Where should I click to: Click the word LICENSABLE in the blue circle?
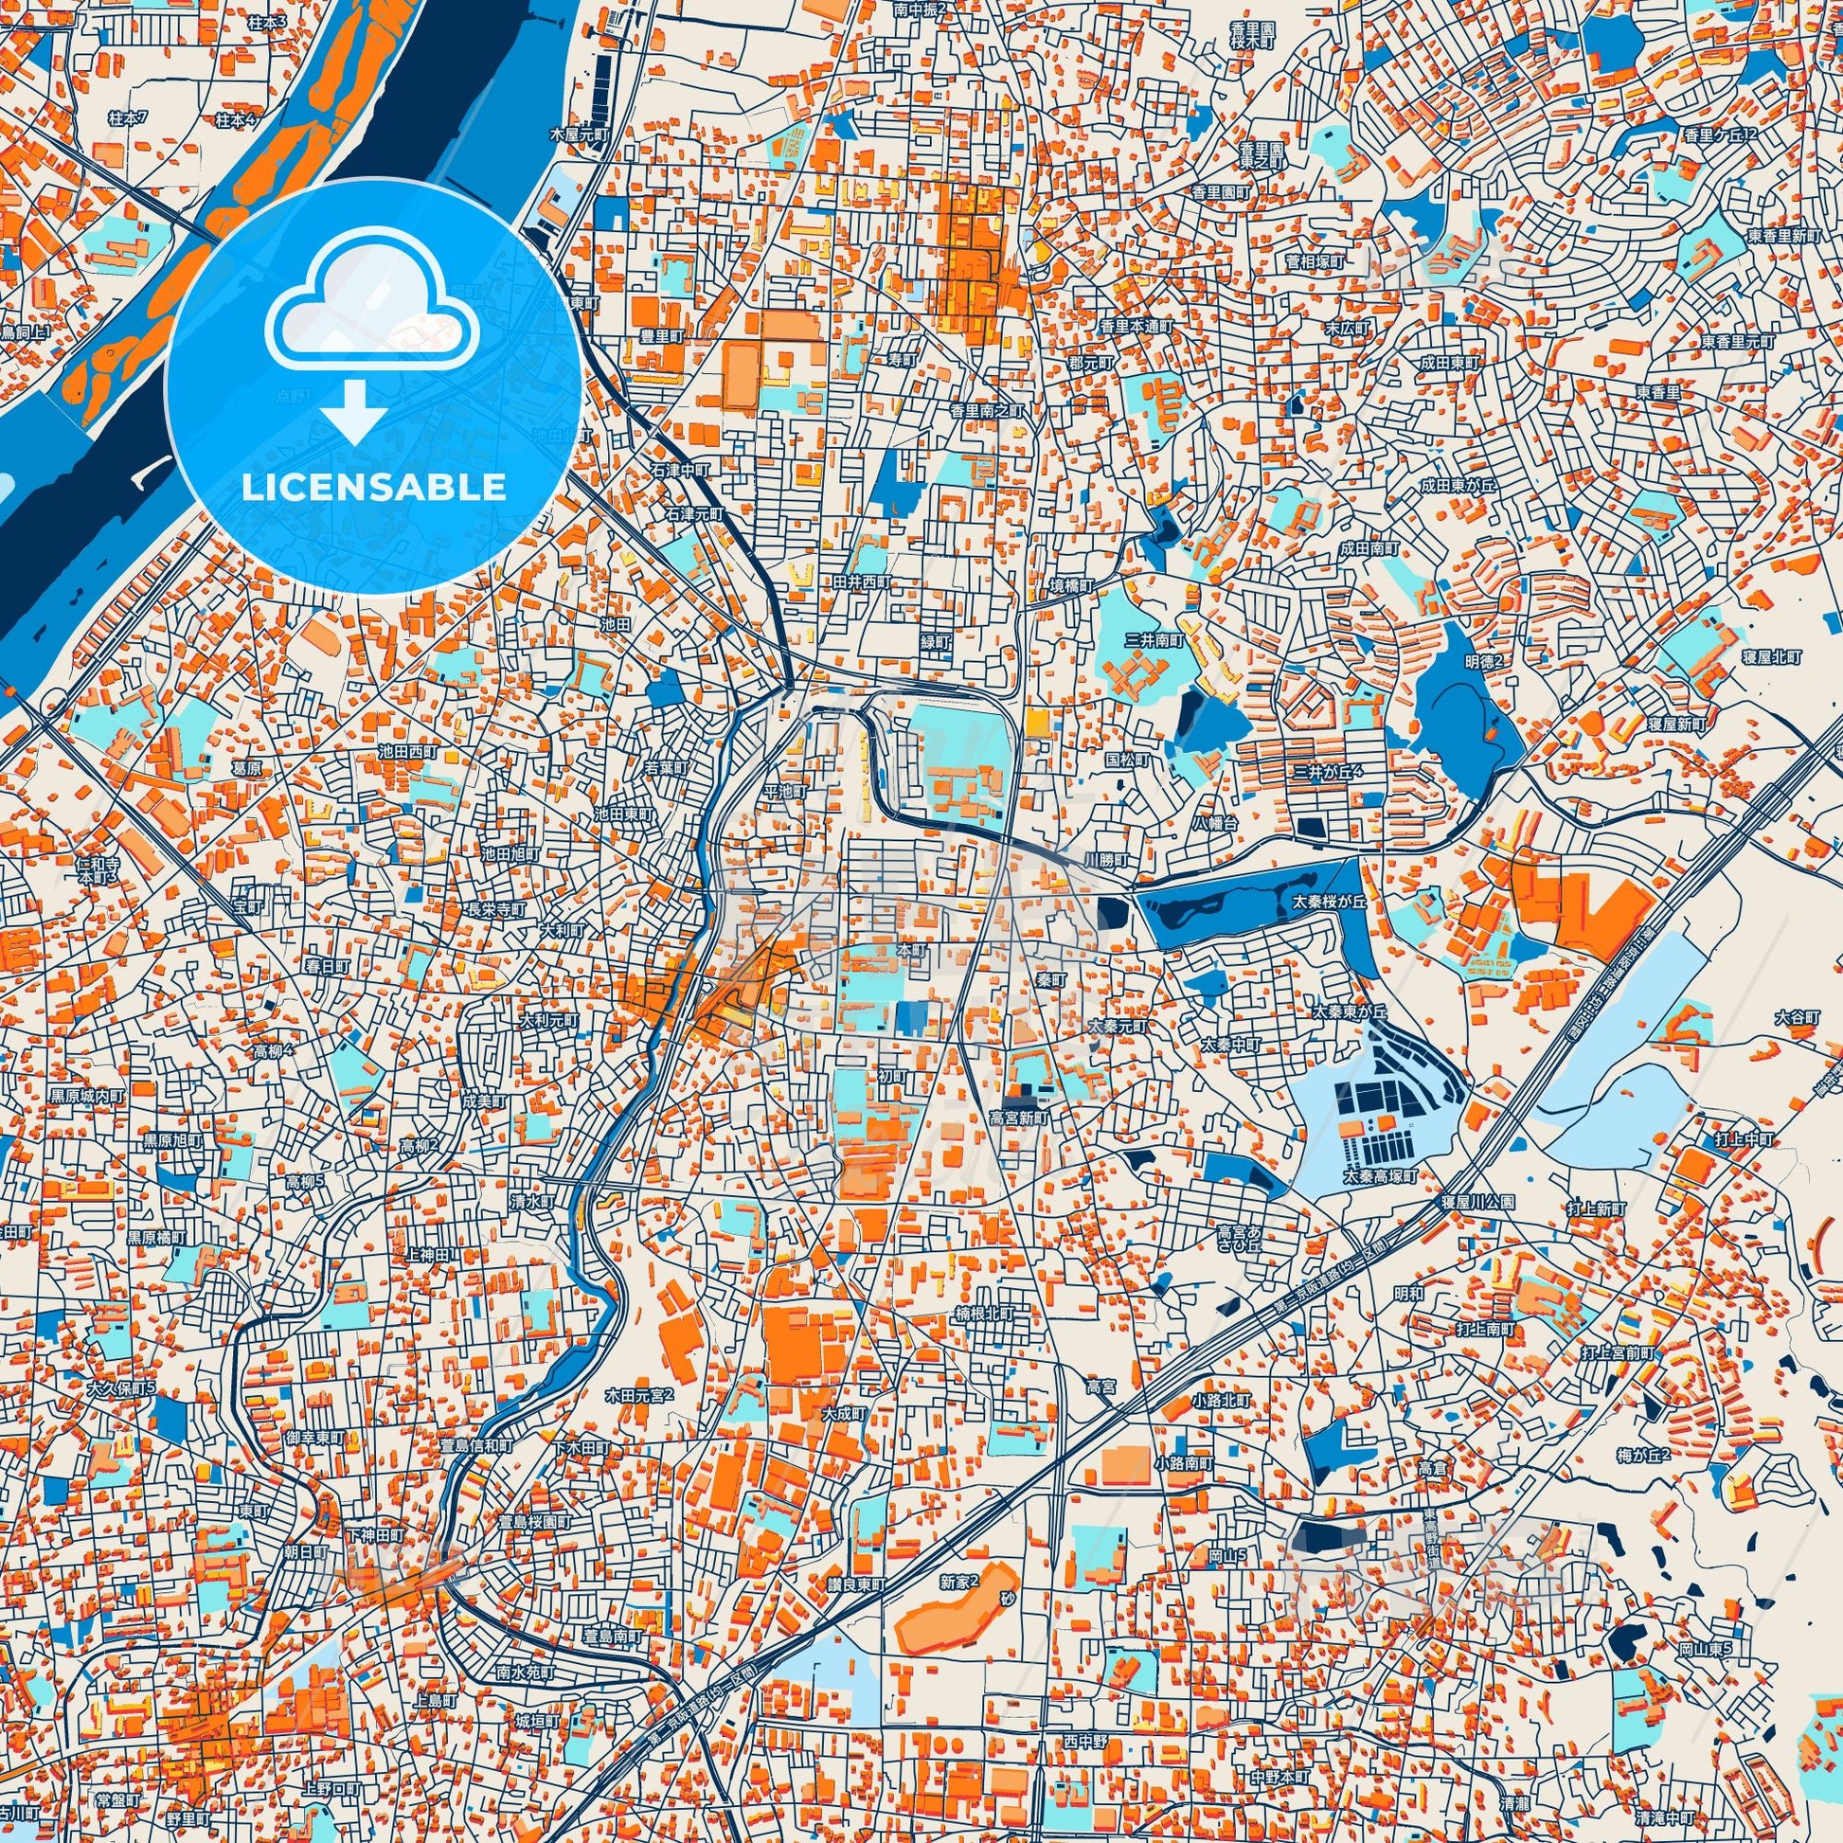pos(373,488)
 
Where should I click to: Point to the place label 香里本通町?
pos(1136,325)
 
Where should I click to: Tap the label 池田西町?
pos(407,753)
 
